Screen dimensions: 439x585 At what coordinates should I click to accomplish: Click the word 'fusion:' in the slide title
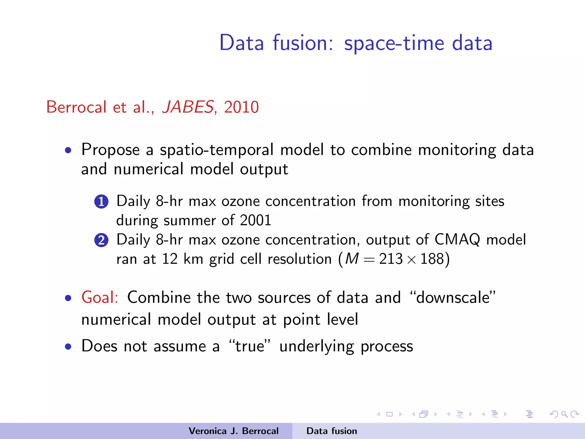(303, 43)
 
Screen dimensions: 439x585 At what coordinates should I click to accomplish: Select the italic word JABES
(188, 107)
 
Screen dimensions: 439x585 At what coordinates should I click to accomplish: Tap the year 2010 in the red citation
(241, 107)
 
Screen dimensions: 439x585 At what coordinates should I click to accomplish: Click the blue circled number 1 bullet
(101, 201)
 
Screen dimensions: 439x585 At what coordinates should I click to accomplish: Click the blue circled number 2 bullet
(101, 240)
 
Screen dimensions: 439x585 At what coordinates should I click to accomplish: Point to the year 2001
(255, 220)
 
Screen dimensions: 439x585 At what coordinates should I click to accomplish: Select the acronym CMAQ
(457, 240)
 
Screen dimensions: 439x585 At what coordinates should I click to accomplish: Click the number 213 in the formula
(390, 259)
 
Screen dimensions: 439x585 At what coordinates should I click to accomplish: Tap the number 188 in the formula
(432, 259)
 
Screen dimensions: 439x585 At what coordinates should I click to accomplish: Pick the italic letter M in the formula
(352, 259)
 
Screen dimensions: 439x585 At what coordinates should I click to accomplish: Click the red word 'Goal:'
(100, 297)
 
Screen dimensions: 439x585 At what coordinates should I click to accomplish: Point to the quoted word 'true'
(250, 346)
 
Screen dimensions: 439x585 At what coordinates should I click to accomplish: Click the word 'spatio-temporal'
(217, 149)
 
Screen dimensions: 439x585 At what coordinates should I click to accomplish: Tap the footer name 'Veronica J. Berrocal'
(233, 431)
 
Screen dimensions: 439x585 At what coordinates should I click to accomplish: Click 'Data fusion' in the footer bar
(332, 431)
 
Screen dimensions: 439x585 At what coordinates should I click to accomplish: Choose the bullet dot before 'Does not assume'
(68, 347)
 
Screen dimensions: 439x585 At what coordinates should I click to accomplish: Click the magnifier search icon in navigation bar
(564, 414)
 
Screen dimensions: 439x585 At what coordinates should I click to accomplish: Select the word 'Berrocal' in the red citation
(76, 107)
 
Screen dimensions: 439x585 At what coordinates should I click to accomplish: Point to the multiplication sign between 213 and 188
(411, 260)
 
